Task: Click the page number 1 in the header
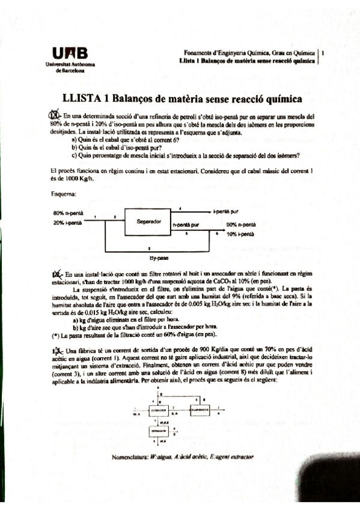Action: click(x=323, y=53)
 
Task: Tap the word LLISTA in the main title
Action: click(x=84, y=99)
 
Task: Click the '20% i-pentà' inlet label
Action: click(x=67, y=223)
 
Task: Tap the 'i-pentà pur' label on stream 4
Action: click(x=227, y=212)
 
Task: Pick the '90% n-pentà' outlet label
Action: click(x=241, y=225)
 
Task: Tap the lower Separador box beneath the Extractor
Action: click(x=158, y=431)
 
